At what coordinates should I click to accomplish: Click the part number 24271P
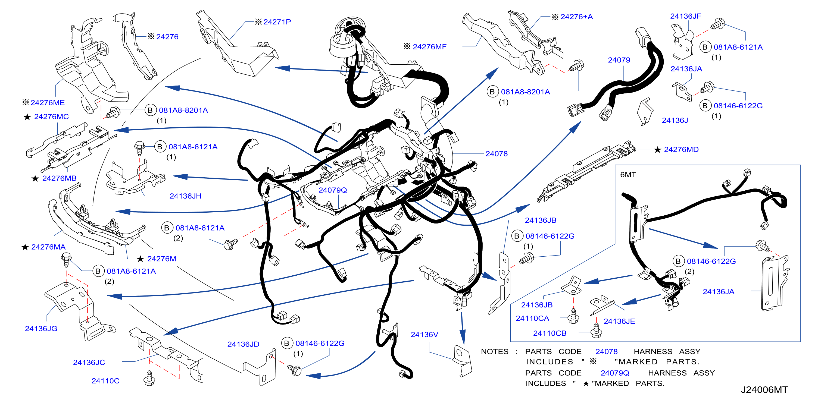(277, 22)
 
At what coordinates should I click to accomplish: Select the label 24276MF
(429, 46)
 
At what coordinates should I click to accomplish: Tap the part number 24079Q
(332, 190)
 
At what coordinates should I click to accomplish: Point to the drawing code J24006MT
(764, 390)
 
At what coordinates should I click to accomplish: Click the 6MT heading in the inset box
(628, 175)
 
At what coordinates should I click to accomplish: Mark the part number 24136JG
(41, 328)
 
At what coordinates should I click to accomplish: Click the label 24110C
(105, 381)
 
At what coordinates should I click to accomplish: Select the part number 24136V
(424, 335)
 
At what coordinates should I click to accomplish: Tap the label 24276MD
(681, 149)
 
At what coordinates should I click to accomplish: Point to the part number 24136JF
(686, 16)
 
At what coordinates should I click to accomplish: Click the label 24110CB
(550, 333)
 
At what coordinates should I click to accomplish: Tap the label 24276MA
(48, 247)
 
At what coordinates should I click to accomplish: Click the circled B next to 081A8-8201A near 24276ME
(150, 110)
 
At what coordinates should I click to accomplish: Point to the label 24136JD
(243, 344)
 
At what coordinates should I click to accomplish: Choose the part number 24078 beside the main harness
(496, 153)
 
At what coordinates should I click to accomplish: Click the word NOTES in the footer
(494, 351)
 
